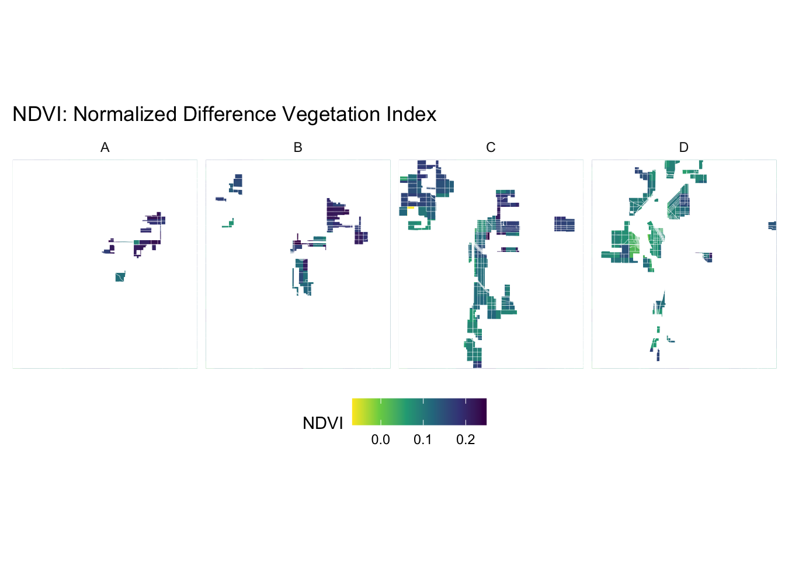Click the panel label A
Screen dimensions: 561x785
coord(105,148)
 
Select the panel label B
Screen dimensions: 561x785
coord(298,148)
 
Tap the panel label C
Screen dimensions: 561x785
coord(491,148)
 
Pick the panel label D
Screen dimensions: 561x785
coord(684,148)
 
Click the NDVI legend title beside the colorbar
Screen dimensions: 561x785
coord(322,423)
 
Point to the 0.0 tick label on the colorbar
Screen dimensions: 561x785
coord(380,440)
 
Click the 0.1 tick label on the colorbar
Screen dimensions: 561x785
coord(423,440)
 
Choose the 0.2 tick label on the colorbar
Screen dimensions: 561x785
coord(466,440)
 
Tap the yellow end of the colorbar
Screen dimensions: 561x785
coord(355,412)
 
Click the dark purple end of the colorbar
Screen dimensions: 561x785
coord(483,412)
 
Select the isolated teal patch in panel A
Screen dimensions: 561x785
coord(120,277)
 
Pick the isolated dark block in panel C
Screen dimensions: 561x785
coord(564,224)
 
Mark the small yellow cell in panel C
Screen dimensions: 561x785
coord(411,207)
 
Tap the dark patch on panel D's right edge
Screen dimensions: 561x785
coord(772,226)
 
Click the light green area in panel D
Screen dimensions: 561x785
coord(634,244)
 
